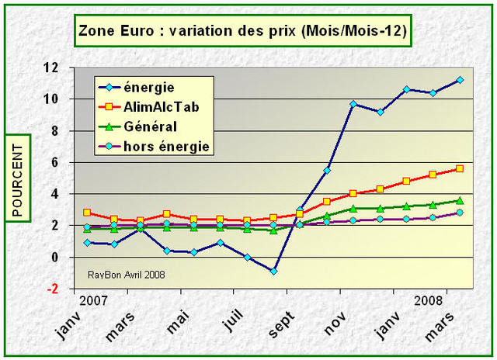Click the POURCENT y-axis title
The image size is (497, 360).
[17, 178]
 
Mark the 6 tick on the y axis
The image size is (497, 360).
[54, 163]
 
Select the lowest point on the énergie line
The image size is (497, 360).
[273, 271]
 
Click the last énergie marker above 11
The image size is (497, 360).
[460, 80]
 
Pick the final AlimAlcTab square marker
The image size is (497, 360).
[460, 168]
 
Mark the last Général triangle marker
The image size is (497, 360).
[460, 200]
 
